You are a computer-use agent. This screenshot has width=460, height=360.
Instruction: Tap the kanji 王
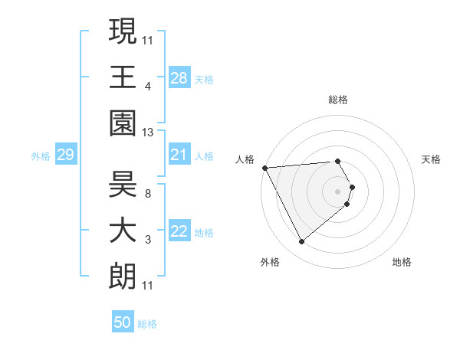click(x=123, y=77)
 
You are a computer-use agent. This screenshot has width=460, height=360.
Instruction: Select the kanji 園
click(x=123, y=123)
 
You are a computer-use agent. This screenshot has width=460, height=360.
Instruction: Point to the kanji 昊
click(x=123, y=184)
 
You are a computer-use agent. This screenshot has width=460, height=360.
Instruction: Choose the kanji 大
click(x=123, y=231)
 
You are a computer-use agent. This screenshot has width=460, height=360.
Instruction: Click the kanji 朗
click(x=123, y=277)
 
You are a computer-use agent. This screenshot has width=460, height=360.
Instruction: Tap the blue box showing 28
click(x=179, y=77)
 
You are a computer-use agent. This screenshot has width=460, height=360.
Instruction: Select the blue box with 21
click(x=179, y=155)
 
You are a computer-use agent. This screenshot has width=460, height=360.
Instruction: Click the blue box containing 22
click(x=179, y=232)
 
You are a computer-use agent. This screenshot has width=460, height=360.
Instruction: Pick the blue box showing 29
click(x=65, y=155)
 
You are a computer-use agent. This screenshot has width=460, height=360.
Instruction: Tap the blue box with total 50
click(x=123, y=322)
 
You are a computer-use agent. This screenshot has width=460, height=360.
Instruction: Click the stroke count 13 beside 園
click(x=148, y=133)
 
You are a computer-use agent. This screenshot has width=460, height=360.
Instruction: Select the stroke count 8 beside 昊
click(x=147, y=193)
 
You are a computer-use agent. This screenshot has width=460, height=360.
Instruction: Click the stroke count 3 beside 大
click(x=147, y=240)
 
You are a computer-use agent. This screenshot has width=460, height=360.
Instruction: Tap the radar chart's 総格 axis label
click(x=337, y=100)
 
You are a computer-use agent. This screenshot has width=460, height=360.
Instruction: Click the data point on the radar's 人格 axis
click(x=264, y=167)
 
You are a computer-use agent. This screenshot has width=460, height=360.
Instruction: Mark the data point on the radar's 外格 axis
click(x=301, y=241)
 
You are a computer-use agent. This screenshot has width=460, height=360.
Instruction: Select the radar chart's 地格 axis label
click(x=402, y=262)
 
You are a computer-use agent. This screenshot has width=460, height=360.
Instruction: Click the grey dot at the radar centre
click(x=337, y=191)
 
